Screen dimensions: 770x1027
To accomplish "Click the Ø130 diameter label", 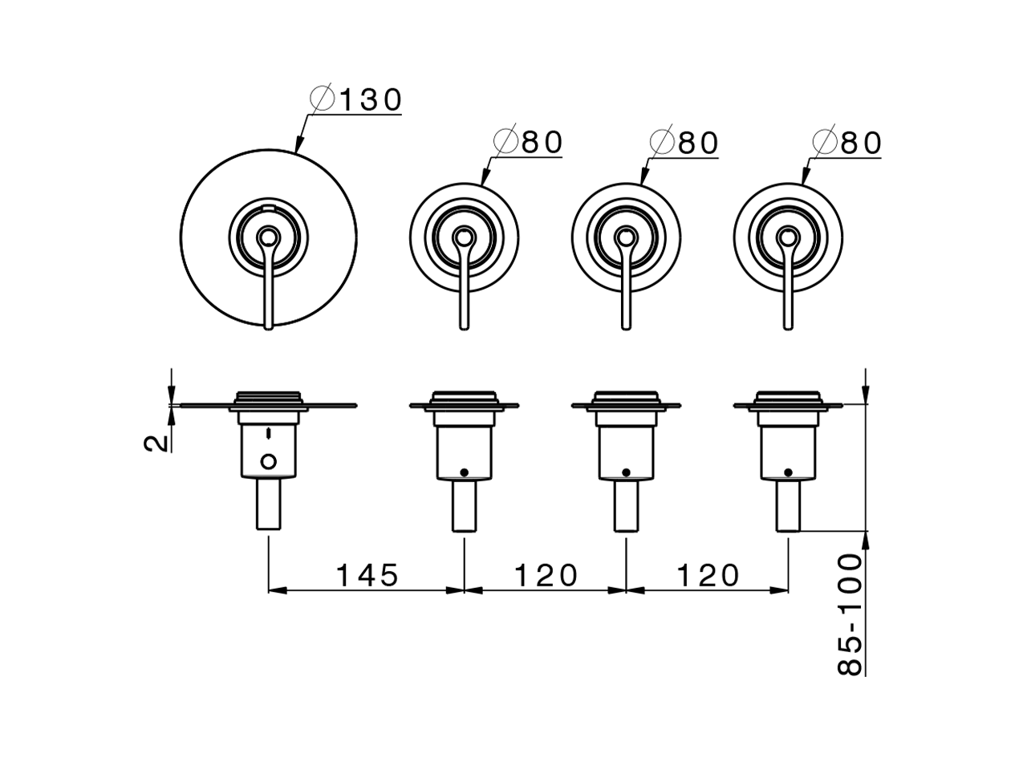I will click(x=355, y=100).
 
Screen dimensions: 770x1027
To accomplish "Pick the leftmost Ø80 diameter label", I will click(x=529, y=143).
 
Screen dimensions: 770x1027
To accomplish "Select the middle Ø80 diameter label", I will click(x=684, y=143).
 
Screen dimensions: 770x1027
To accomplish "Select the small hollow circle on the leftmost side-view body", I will click(x=269, y=460).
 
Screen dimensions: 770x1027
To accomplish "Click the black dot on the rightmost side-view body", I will click(x=788, y=472).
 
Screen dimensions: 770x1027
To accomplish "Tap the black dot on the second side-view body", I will click(x=464, y=472).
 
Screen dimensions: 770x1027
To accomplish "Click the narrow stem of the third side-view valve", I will click(x=626, y=506).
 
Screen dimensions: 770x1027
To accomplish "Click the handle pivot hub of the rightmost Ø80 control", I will click(x=788, y=236).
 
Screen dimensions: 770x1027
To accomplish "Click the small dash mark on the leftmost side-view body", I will click(x=269, y=432).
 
